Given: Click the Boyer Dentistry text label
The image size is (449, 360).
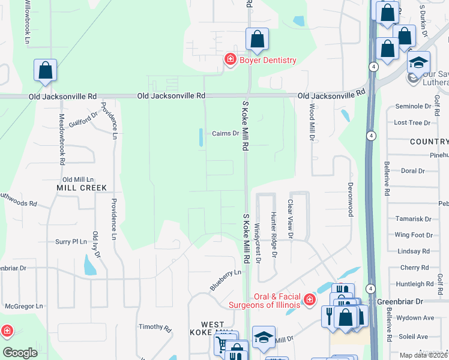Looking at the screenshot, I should click(x=268, y=60).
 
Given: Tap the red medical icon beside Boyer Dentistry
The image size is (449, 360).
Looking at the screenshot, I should click(x=229, y=59).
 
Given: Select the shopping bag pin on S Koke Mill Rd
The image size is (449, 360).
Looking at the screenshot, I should click(x=257, y=40).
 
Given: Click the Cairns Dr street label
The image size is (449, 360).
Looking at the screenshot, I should click(x=226, y=134).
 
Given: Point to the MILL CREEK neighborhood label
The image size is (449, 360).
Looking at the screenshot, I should click(x=82, y=188).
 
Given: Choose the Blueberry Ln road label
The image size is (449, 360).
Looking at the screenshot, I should click(x=225, y=280).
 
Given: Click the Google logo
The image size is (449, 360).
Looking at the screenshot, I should click(x=20, y=353).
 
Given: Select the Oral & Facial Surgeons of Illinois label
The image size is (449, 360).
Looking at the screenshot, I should click(x=268, y=301).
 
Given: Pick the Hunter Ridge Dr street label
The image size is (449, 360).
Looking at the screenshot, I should click(x=273, y=234).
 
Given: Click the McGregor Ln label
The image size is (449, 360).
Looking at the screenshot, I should click(x=24, y=306).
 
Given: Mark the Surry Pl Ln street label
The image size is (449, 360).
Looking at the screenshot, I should click(x=71, y=242).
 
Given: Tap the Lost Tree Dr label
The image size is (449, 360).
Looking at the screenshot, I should click(x=412, y=122).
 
